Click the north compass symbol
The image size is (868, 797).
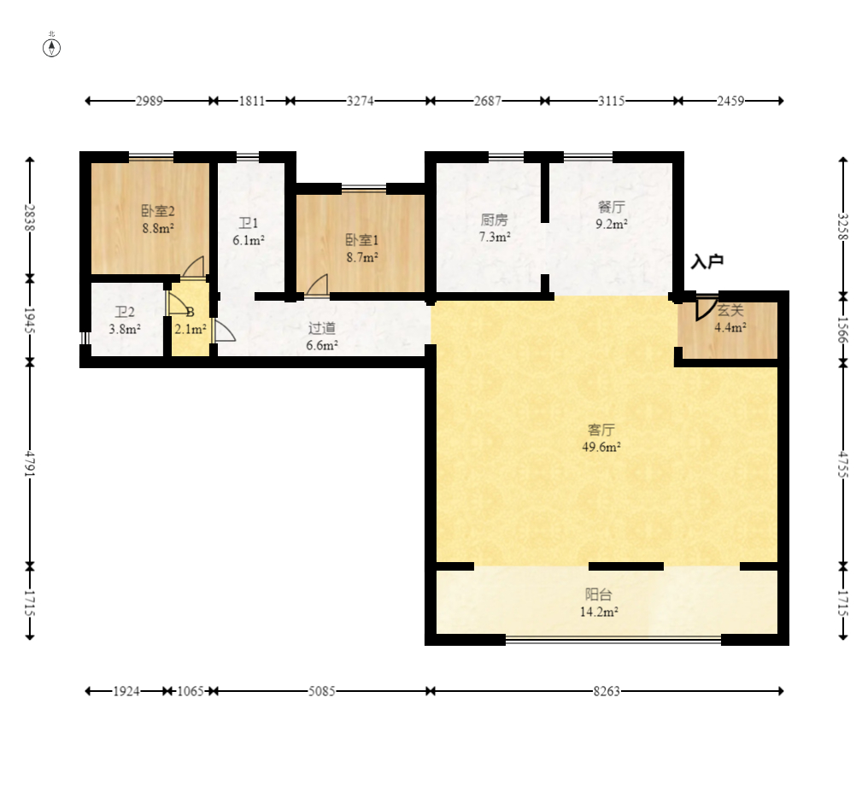[x=51, y=48]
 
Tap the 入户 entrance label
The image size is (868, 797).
[x=707, y=261]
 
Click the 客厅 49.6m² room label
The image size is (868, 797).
[x=601, y=438]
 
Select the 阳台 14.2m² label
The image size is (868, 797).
[x=599, y=603]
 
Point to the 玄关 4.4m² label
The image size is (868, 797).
[x=730, y=319]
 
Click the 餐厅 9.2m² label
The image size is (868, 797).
[x=612, y=215]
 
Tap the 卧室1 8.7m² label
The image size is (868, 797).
[x=362, y=249]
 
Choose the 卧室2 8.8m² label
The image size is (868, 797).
[x=158, y=220]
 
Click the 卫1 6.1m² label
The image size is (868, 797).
[x=249, y=231]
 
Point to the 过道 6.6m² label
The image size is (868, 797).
[x=322, y=337]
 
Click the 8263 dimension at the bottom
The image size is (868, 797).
[x=607, y=691]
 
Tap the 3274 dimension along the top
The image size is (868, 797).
[x=361, y=101]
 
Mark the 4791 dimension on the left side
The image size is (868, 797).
[x=30, y=464]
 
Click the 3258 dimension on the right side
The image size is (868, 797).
[x=842, y=227]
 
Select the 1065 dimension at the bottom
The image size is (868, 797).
[x=191, y=691]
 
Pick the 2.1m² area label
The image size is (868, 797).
[x=191, y=330]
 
